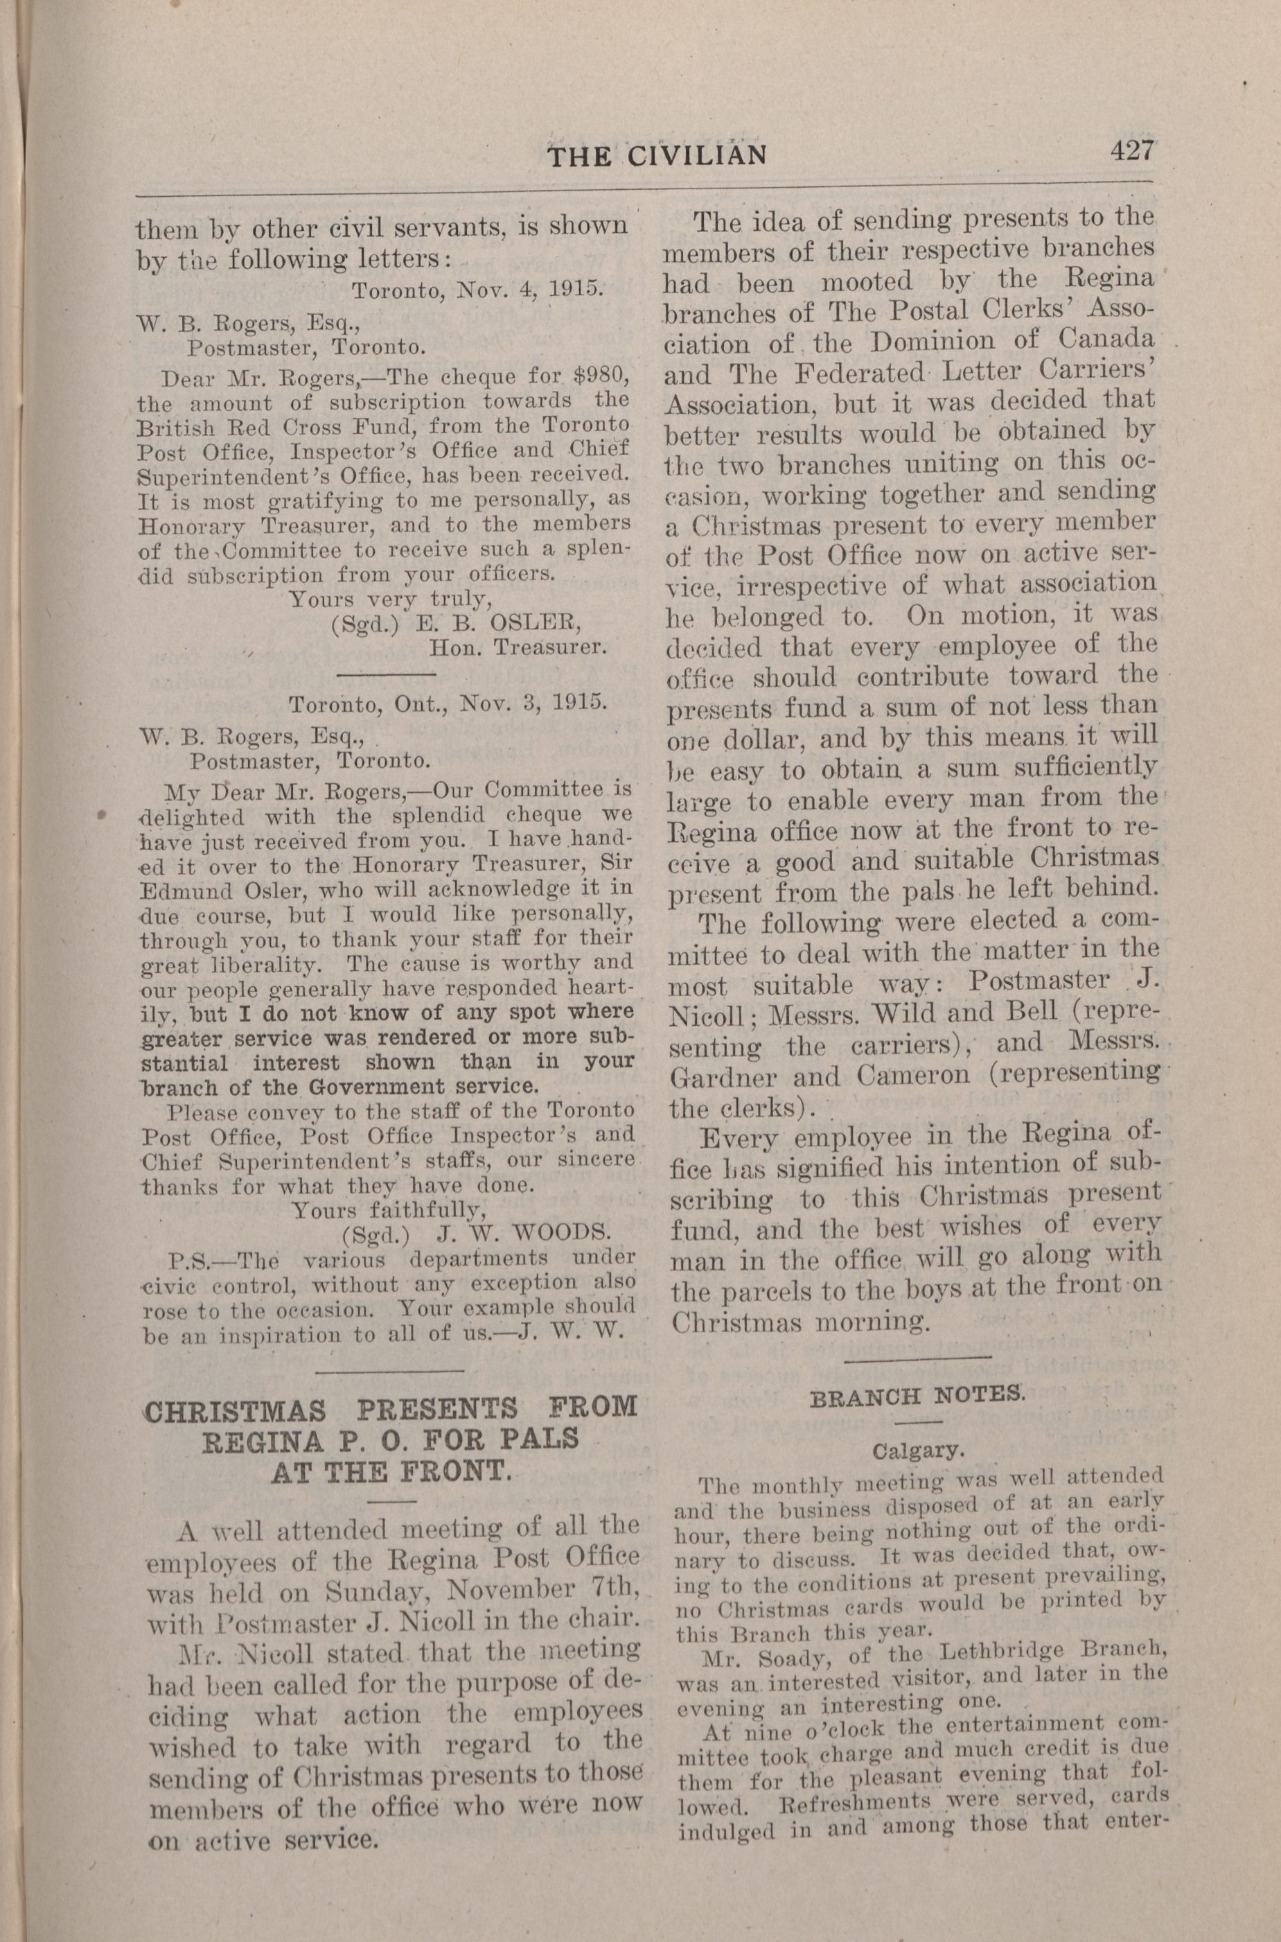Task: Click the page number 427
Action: (1131, 151)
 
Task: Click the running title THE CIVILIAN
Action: (657, 155)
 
